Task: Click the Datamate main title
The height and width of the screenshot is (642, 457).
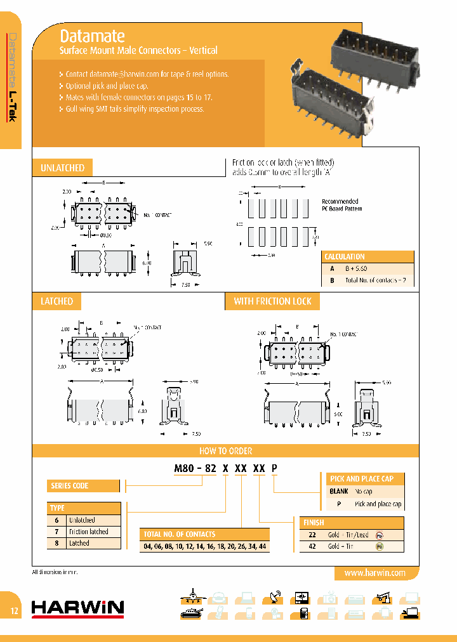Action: (91, 36)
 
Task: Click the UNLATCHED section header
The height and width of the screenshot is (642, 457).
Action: (62, 168)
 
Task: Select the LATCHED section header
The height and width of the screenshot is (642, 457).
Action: (56, 301)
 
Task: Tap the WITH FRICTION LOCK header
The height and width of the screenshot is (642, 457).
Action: (272, 301)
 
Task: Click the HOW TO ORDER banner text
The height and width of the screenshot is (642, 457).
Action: (225, 451)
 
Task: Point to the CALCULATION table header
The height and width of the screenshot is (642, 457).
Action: (345, 257)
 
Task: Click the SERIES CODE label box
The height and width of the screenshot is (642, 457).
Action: (70, 486)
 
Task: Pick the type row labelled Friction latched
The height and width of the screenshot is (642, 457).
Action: (89, 532)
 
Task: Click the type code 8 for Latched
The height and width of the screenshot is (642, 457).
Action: (56, 543)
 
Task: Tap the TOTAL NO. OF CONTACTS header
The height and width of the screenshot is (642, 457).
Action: (180, 534)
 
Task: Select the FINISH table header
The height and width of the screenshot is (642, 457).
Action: (314, 523)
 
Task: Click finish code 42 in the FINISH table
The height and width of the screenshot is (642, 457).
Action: (312, 546)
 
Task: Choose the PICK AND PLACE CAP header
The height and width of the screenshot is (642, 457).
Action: (361, 479)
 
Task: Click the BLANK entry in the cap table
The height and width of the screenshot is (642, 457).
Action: (339, 492)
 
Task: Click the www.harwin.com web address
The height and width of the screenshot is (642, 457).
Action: (374, 573)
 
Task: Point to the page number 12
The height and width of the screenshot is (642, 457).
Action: (14, 611)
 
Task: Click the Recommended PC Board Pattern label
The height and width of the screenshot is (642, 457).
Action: (341, 205)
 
